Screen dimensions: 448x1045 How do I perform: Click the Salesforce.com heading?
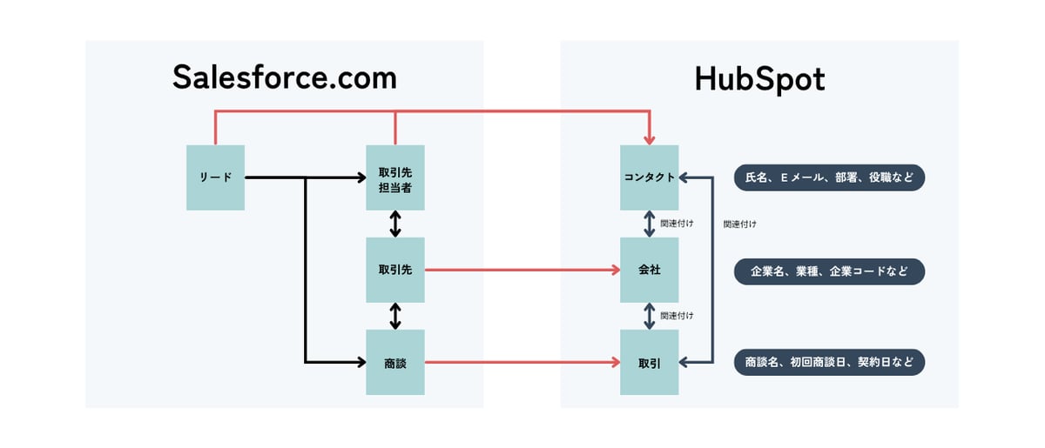click(x=284, y=78)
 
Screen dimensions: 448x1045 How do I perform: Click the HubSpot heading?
click(x=759, y=79)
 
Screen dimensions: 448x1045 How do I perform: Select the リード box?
click(x=216, y=177)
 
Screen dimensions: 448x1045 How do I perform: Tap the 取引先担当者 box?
click(x=395, y=177)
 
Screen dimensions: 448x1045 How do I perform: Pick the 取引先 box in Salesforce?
click(x=395, y=270)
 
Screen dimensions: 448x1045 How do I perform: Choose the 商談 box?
click(x=395, y=362)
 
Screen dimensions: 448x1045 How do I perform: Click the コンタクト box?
click(x=649, y=177)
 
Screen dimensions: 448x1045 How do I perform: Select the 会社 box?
click(x=649, y=270)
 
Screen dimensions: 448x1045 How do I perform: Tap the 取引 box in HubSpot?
click(x=649, y=362)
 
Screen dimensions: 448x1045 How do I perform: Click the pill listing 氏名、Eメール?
click(x=829, y=177)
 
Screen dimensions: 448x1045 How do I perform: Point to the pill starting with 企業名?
click(x=829, y=271)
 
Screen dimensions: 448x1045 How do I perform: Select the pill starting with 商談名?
click(x=829, y=362)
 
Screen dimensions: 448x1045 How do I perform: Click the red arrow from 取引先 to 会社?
click(x=522, y=270)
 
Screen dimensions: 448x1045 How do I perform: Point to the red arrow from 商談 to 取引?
click(x=522, y=362)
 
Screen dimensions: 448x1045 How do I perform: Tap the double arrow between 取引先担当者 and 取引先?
click(x=395, y=224)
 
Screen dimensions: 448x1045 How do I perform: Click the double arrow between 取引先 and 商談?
click(x=395, y=316)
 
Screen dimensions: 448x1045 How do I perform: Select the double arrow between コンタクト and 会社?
click(x=649, y=224)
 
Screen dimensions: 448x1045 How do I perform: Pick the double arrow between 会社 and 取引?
click(x=649, y=316)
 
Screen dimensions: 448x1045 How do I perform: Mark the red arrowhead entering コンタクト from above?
click(x=649, y=139)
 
